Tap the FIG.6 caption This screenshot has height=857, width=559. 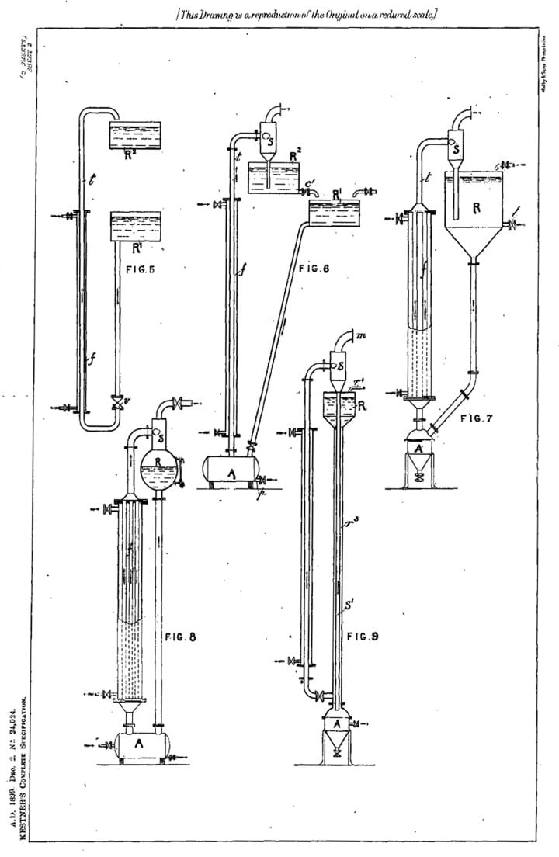314,269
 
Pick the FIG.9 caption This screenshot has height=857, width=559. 362,637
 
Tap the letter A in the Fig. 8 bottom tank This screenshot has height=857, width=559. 139,742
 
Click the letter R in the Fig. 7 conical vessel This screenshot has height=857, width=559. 477,206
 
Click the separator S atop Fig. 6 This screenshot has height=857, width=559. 269,141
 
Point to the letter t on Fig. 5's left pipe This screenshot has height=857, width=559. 92,182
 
